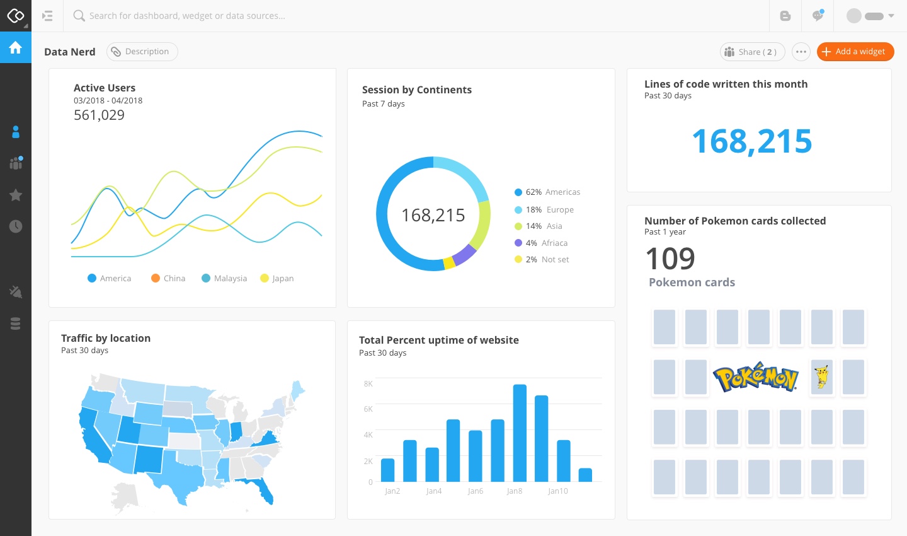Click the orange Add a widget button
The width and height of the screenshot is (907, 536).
tap(855, 52)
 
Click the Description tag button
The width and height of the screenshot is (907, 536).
tap(142, 52)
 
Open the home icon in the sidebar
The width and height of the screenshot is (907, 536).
tap(16, 47)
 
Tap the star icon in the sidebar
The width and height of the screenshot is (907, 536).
tap(16, 195)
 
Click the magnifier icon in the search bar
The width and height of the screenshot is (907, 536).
tap(79, 16)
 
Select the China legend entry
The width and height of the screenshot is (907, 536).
tap(168, 278)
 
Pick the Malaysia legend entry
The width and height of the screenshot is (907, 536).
tap(224, 278)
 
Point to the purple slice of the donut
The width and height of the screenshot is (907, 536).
tap(465, 254)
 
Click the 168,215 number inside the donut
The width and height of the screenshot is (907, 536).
tap(433, 215)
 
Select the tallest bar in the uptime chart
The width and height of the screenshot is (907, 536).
tap(520, 433)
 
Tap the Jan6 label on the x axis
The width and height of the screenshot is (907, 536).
tap(476, 491)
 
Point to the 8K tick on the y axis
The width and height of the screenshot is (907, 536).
tap(368, 383)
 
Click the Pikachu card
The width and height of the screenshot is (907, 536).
tap(822, 377)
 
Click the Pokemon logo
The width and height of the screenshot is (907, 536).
tap(756, 377)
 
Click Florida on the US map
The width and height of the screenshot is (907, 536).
tap(265, 492)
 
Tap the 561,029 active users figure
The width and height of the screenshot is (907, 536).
tap(99, 115)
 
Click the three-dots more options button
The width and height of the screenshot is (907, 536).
tap(801, 52)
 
